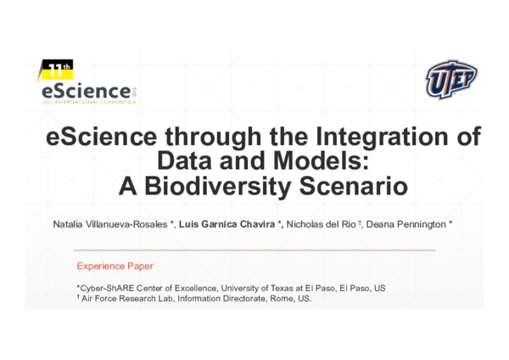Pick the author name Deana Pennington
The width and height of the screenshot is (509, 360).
tap(406, 223)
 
